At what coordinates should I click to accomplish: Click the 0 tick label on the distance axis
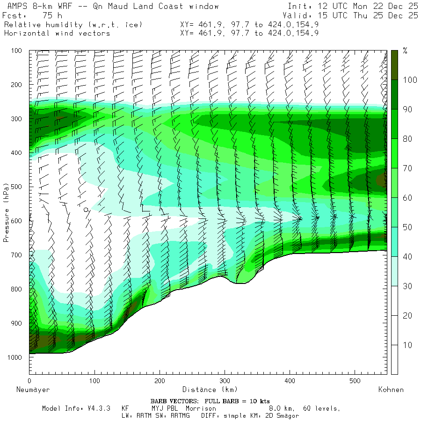(29, 381)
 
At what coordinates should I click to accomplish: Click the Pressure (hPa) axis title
(6, 213)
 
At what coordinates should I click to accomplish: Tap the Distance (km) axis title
(210, 389)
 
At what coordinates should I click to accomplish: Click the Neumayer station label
(33, 389)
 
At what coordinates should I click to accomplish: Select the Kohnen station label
(391, 389)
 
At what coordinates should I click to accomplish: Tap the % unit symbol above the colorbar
(405, 51)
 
